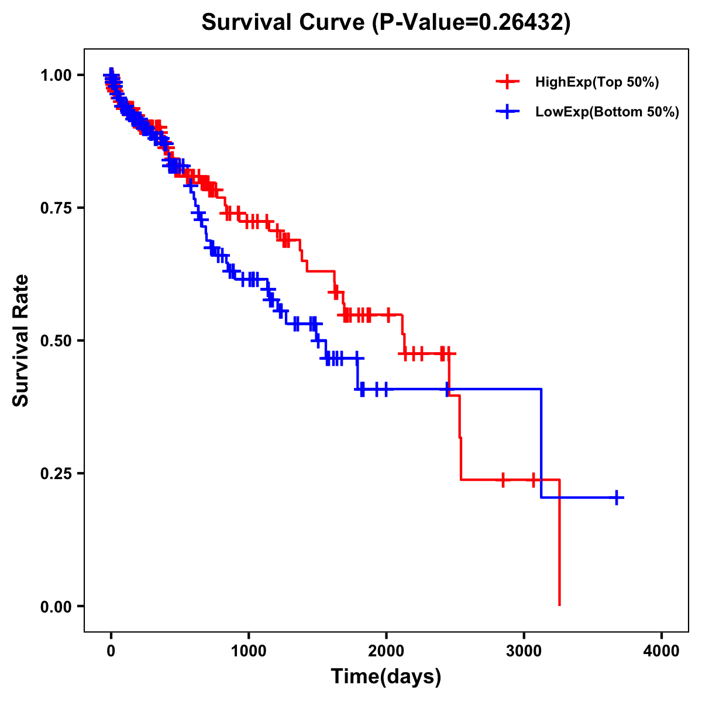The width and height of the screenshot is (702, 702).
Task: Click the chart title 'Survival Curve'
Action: coord(284,23)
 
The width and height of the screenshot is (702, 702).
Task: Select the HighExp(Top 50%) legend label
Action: coord(597,82)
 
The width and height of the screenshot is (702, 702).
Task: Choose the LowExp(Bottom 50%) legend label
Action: coord(607,112)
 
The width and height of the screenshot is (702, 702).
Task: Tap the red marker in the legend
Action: coord(507,82)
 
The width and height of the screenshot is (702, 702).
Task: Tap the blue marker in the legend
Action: coord(507,111)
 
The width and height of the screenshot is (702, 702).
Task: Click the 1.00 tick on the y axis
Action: coord(55,75)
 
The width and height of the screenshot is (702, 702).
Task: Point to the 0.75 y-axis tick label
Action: coord(55,208)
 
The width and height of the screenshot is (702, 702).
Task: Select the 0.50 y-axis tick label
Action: coord(55,340)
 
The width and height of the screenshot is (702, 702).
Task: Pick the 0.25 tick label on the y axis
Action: coord(55,473)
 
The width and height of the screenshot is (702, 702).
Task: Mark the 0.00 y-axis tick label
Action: coord(55,606)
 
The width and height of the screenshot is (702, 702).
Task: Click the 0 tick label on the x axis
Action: coord(111,651)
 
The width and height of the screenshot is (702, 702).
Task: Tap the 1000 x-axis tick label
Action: coord(249,651)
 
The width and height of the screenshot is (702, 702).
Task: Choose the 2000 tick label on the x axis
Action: coord(386,651)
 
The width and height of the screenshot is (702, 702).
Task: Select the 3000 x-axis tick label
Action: coord(524,651)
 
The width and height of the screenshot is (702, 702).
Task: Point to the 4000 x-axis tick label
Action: coord(662,651)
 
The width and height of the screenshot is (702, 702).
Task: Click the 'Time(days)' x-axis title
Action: coord(386,677)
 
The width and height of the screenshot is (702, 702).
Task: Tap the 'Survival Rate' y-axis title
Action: coord(21,340)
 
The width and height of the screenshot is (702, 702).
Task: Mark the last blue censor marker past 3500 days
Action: coord(617,498)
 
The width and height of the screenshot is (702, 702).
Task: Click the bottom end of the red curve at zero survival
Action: coord(560,605)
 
